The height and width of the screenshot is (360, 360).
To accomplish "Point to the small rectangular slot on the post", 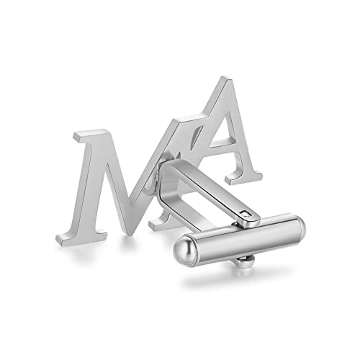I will [x=246, y=213].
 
